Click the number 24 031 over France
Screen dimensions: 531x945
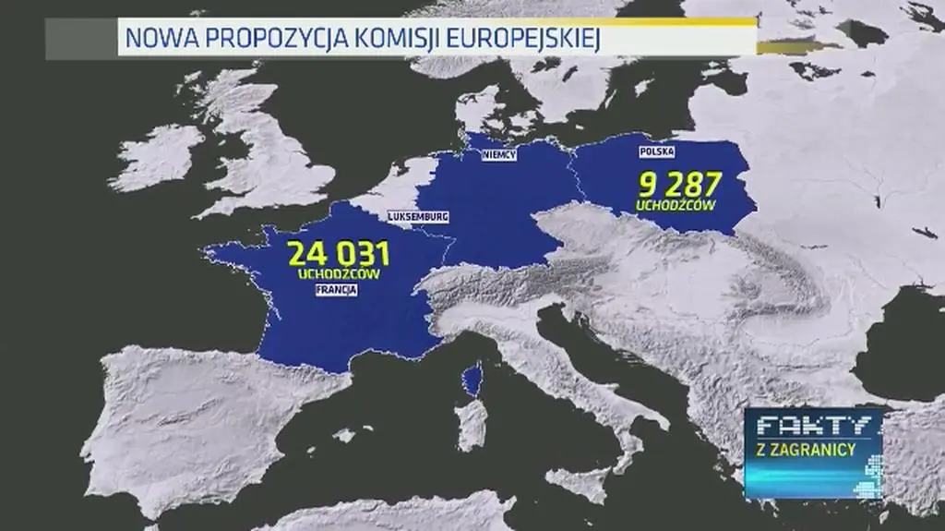click(338, 254)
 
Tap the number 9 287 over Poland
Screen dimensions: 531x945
click(678, 185)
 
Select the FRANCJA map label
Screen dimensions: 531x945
click(336, 289)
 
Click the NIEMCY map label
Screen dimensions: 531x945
click(499, 155)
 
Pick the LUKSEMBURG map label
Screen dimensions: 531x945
click(418, 217)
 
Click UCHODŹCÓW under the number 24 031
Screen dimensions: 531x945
click(339, 273)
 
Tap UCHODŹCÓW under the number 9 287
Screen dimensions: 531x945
click(676, 204)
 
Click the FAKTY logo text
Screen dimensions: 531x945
click(813, 427)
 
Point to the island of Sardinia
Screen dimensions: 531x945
click(472, 425)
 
